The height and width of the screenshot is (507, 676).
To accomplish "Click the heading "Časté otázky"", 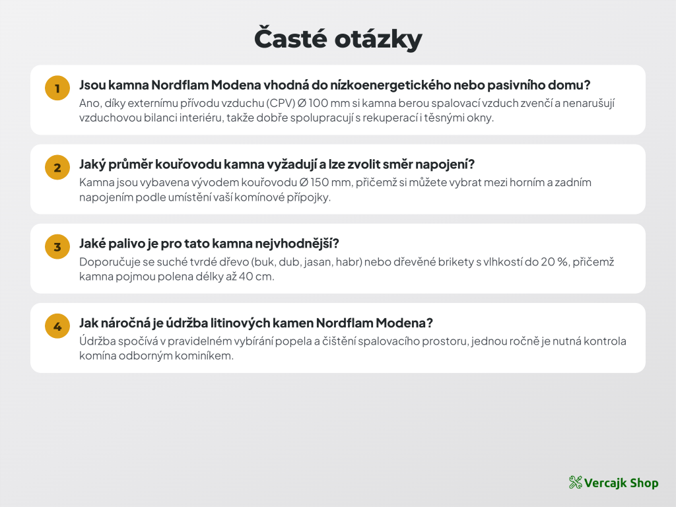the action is [338, 39].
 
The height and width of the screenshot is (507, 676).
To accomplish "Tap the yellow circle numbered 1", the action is [57, 88].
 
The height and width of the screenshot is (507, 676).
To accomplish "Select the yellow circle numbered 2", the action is [57, 167].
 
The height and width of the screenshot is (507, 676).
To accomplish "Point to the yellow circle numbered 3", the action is [57, 247].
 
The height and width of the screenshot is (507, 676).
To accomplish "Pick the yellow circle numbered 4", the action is [57, 326].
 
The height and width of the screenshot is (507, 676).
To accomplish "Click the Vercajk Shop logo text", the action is [621, 483].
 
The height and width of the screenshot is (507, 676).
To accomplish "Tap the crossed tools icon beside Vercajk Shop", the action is [575, 483].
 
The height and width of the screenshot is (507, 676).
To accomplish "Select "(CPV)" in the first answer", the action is [280, 104].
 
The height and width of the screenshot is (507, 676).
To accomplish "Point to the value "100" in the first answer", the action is [318, 104].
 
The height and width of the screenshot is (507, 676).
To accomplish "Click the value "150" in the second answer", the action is [320, 183].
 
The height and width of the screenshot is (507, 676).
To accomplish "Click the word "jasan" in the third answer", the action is [318, 263].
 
